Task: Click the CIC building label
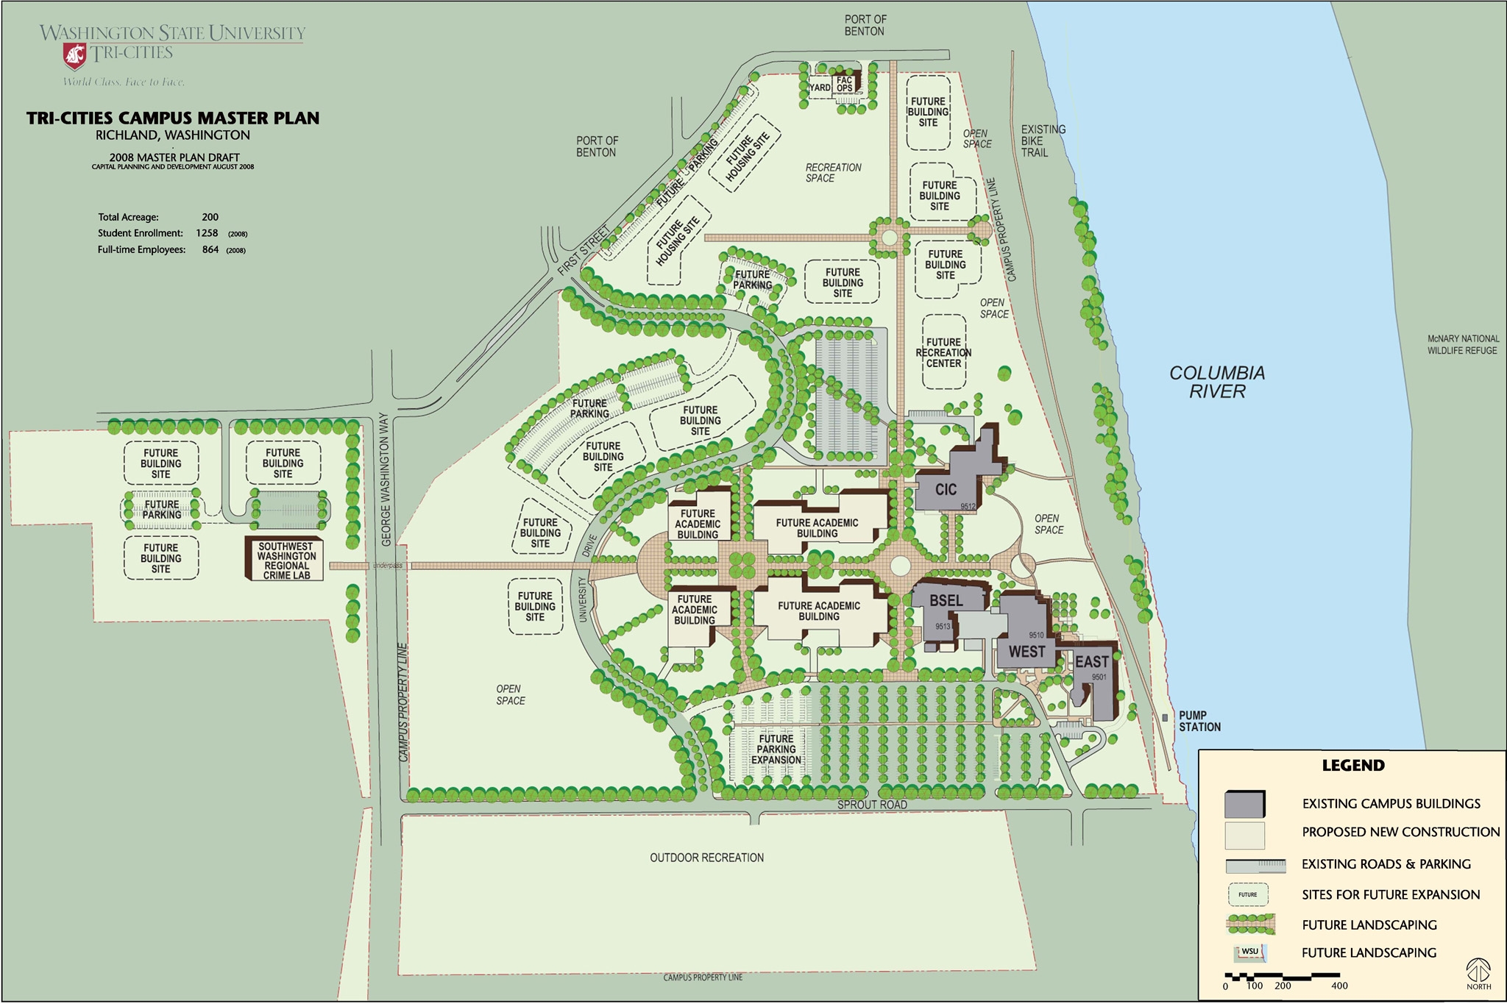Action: (x=946, y=489)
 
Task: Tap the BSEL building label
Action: (x=946, y=600)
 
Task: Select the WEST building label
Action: (x=1026, y=652)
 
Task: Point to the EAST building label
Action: (x=1091, y=662)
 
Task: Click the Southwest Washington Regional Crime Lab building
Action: (x=286, y=560)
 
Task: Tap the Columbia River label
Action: (x=1217, y=382)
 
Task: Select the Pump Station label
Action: (x=1199, y=721)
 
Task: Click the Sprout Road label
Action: (x=872, y=805)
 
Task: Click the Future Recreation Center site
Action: (x=944, y=353)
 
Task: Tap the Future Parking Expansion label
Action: (x=776, y=750)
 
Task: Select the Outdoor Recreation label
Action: (x=706, y=858)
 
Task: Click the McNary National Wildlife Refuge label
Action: (x=1463, y=345)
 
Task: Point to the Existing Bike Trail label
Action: (x=1042, y=140)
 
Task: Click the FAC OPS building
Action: (x=844, y=85)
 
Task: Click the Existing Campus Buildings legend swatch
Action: (x=1245, y=804)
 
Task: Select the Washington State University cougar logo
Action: (x=75, y=54)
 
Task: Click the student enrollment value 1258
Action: (x=207, y=233)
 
